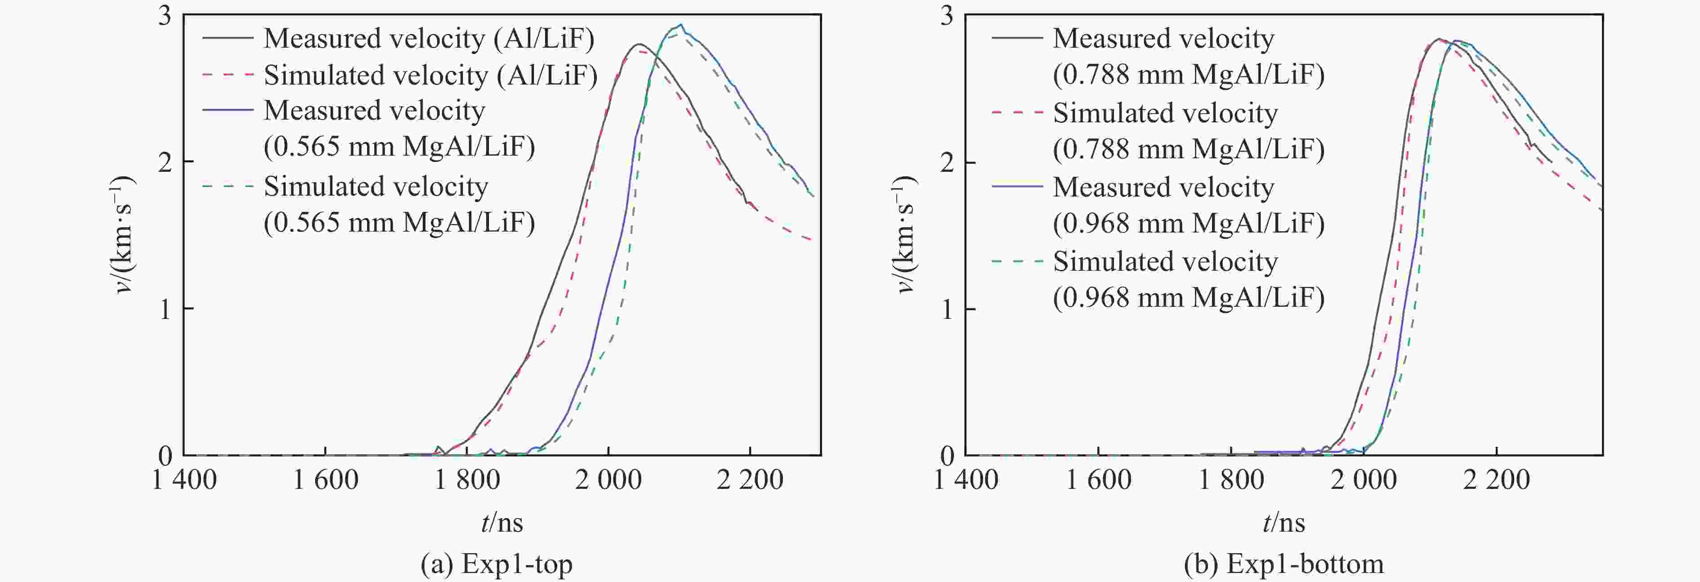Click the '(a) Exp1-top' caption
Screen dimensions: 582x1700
click(496, 564)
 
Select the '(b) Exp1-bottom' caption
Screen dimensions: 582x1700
click(1284, 564)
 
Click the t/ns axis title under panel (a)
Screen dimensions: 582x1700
click(502, 523)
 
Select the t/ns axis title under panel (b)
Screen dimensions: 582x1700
click(1284, 523)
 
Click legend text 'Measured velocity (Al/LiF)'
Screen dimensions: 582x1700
click(429, 38)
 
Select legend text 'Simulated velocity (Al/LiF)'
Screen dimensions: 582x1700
click(430, 75)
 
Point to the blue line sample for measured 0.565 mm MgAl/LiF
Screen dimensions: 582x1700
click(228, 110)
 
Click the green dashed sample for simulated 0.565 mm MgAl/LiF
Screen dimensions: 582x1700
click(228, 187)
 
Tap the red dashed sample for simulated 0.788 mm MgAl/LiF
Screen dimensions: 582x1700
click(1016, 113)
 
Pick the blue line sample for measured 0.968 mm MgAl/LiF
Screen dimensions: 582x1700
click(1016, 188)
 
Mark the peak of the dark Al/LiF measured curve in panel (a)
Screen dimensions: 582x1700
click(638, 44)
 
